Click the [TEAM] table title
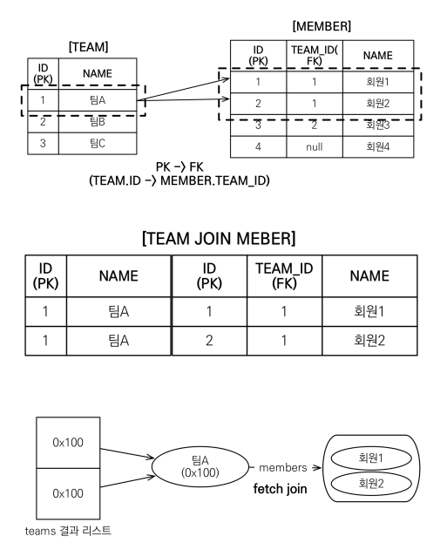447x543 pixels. pyautogui.click(x=89, y=47)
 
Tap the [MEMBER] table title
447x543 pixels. pyautogui.click(x=322, y=26)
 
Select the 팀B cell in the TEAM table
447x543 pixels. pyautogui.click(x=98, y=121)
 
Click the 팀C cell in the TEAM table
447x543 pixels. pyautogui.click(x=98, y=143)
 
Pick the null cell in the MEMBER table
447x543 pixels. pyautogui.click(x=315, y=146)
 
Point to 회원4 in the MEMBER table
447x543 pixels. pyautogui.click(x=378, y=146)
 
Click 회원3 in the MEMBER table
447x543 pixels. pyautogui.click(x=378, y=125)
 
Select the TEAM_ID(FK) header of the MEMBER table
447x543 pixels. pyautogui.click(x=315, y=56)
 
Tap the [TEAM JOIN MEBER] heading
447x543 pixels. pyautogui.click(x=219, y=238)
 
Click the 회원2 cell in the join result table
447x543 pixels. pyautogui.click(x=369, y=341)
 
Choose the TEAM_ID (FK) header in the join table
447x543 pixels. pyautogui.click(x=284, y=276)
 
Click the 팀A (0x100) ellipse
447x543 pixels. pyautogui.click(x=200, y=466)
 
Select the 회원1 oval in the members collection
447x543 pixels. pyautogui.click(x=371, y=458)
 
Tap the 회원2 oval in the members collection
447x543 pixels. pyautogui.click(x=371, y=484)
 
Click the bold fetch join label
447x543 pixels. pyautogui.click(x=280, y=489)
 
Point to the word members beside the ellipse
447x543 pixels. pyautogui.click(x=283, y=468)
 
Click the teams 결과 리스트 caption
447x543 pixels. pyautogui.click(x=68, y=531)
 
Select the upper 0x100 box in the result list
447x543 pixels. pyautogui.click(x=68, y=443)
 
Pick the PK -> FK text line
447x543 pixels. pyautogui.click(x=179, y=167)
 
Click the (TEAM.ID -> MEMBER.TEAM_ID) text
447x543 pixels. pyautogui.click(x=179, y=180)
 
